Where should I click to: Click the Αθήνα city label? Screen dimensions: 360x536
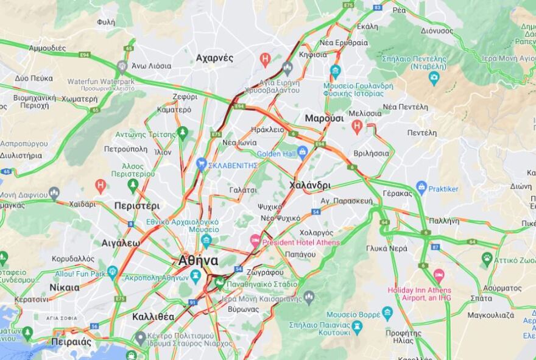(198, 261)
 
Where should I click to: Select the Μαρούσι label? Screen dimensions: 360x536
(324, 118)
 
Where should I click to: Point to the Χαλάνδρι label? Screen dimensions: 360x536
(310, 185)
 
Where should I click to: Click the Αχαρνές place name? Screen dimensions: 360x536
(214, 58)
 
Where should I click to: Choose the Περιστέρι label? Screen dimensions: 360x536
(136, 205)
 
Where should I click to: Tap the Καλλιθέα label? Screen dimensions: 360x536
(153, 317)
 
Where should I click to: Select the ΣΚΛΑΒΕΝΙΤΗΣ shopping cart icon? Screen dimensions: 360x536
(202, 164)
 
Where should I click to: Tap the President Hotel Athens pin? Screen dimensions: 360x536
(255, 241)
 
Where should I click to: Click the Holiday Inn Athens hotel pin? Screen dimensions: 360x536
(439, 275)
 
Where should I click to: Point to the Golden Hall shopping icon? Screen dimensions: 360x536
(302, 152)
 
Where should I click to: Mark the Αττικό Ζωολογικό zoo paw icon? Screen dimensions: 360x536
(487, 259)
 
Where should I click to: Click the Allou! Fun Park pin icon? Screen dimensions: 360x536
(111, 272)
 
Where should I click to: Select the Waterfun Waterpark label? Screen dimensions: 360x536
(100, 81)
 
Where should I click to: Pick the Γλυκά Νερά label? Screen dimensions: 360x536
(387, 249)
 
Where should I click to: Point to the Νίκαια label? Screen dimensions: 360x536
(64, 288)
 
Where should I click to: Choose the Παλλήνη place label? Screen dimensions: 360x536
(444, 221)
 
